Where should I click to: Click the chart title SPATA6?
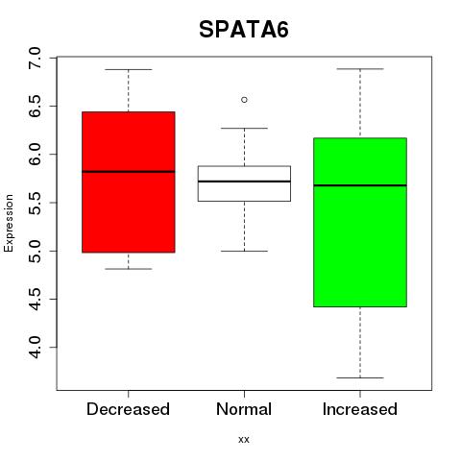(x=244, y=30)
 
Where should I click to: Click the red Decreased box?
(x=129, y=182)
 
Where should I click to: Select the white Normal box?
(x=244, y=183)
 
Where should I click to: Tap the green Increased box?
(x=360, y=222)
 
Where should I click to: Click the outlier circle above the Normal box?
(x=244, y=100)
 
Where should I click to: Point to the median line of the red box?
(x=129, y=172)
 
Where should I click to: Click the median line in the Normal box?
(x=244, y=182)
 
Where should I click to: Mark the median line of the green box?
(x=360, y=185)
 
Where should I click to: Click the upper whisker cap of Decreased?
(x=129, y=69)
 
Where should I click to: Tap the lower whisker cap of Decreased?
(x=129, y=269)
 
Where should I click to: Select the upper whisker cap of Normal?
(x=244, y=129)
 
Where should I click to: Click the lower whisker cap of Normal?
(x=244, y=252)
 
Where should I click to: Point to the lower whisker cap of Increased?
(x=360, y=378)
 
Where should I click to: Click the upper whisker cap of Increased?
(x=360, y=69)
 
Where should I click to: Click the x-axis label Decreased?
(x=128, y=409)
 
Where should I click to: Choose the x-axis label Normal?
(x=244, y=409)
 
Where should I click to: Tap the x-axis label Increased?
(x=360, y=409)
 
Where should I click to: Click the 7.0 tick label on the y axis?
(x=35, y=58)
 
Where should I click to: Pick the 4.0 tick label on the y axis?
(x=35, y=348)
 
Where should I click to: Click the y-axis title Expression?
(x=9, y=223)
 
